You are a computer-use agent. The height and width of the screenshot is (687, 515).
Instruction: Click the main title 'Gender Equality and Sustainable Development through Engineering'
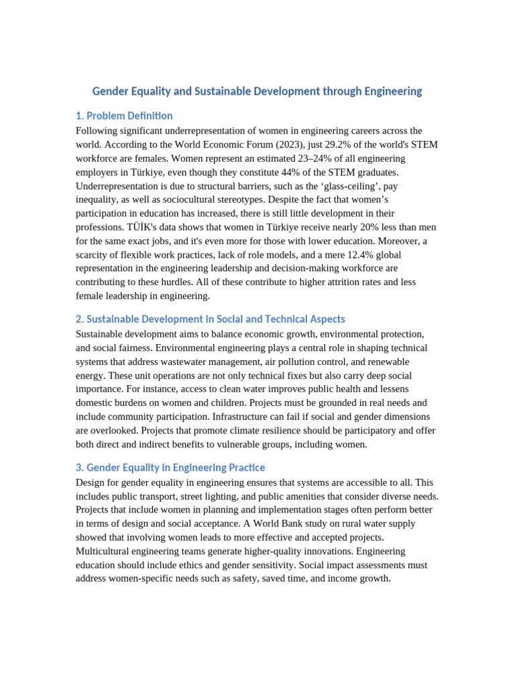(x=257, y=91)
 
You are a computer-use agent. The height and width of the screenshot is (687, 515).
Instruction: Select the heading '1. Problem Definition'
(x=124, y=115)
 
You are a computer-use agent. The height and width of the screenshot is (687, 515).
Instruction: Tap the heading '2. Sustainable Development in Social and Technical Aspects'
(x=211, y=319)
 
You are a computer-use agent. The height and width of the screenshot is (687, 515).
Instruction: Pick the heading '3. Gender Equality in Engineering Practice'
(x=170, y=467)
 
